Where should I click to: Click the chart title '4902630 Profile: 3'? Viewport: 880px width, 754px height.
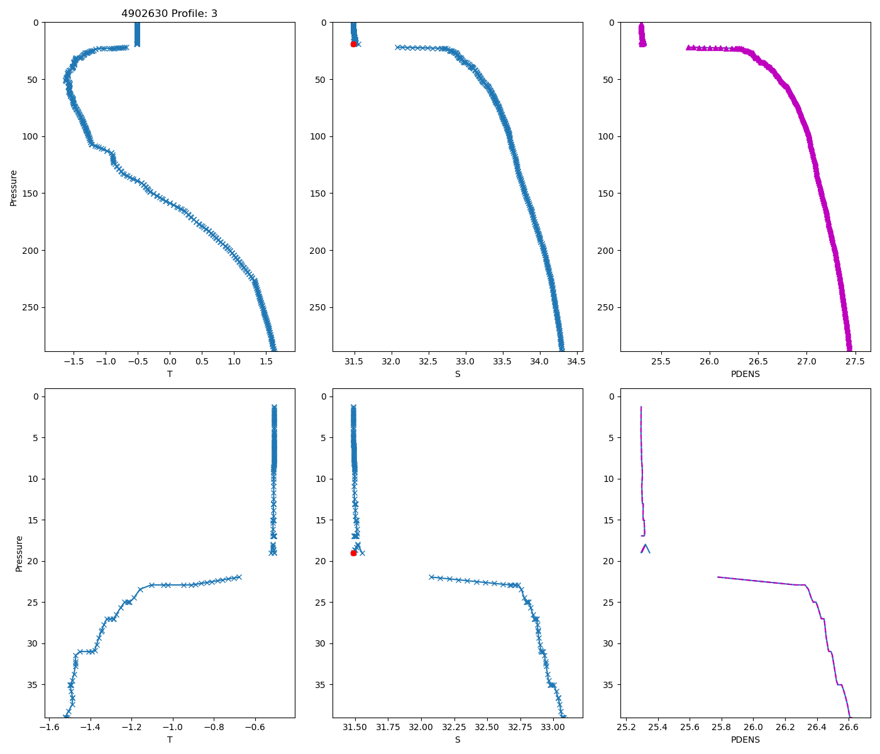pyautogui.click(x=169, y=13)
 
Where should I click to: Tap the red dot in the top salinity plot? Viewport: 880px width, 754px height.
pyautogui.click(x=353, y=44)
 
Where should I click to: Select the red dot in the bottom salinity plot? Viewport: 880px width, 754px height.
pyautogui.click(x=353, y=553)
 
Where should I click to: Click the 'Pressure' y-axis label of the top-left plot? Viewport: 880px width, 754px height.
pyautogui.click(x=13, y=187)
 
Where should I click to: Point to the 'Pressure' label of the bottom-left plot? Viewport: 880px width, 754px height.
pyautogui.click(x=19, y=553)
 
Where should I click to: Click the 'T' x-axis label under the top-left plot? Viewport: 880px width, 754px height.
pyautogui.click(x=170, y=374)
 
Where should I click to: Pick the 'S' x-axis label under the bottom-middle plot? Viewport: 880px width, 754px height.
pyautogui.click(x=458, y=740)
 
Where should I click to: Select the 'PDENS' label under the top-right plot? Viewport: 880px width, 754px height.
pyautogui.click(x=745, y=374)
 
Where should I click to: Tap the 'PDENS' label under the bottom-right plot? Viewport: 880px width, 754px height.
pyautogui.click(x=745, y=740)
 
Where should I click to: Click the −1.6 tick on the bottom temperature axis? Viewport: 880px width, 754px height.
pyautogui.click(x=49, y=727)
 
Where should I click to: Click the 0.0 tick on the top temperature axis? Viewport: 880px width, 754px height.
pyautogui.click(x=170, y=361)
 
